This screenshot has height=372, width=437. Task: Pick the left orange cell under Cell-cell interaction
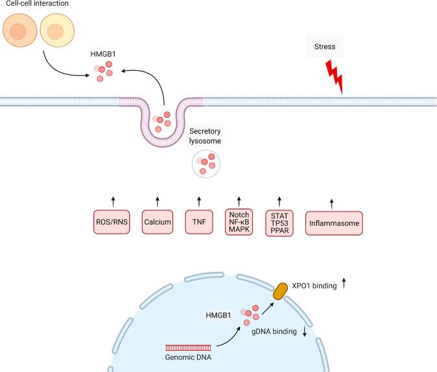tap(18, 31)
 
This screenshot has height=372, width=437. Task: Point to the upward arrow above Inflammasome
tap(332, 203)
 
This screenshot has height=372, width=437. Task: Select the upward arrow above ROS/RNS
tap(113, 201)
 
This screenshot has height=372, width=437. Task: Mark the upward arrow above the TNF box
tap(199, 201)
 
